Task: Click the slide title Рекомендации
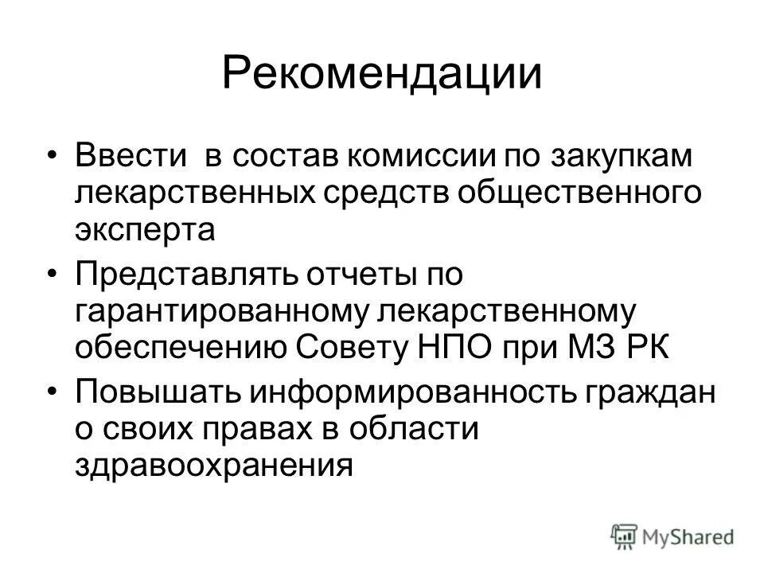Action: pos(382,73)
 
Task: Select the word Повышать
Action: pos(156,393)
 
